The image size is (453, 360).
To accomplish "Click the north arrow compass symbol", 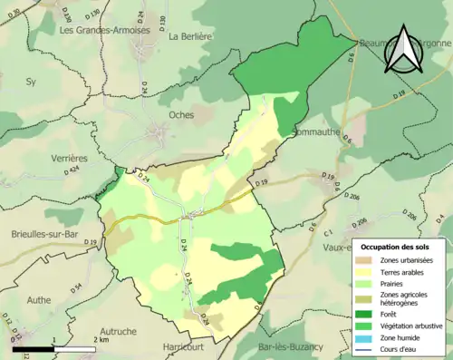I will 402,50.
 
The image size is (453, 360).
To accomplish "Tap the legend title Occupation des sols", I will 397,247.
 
